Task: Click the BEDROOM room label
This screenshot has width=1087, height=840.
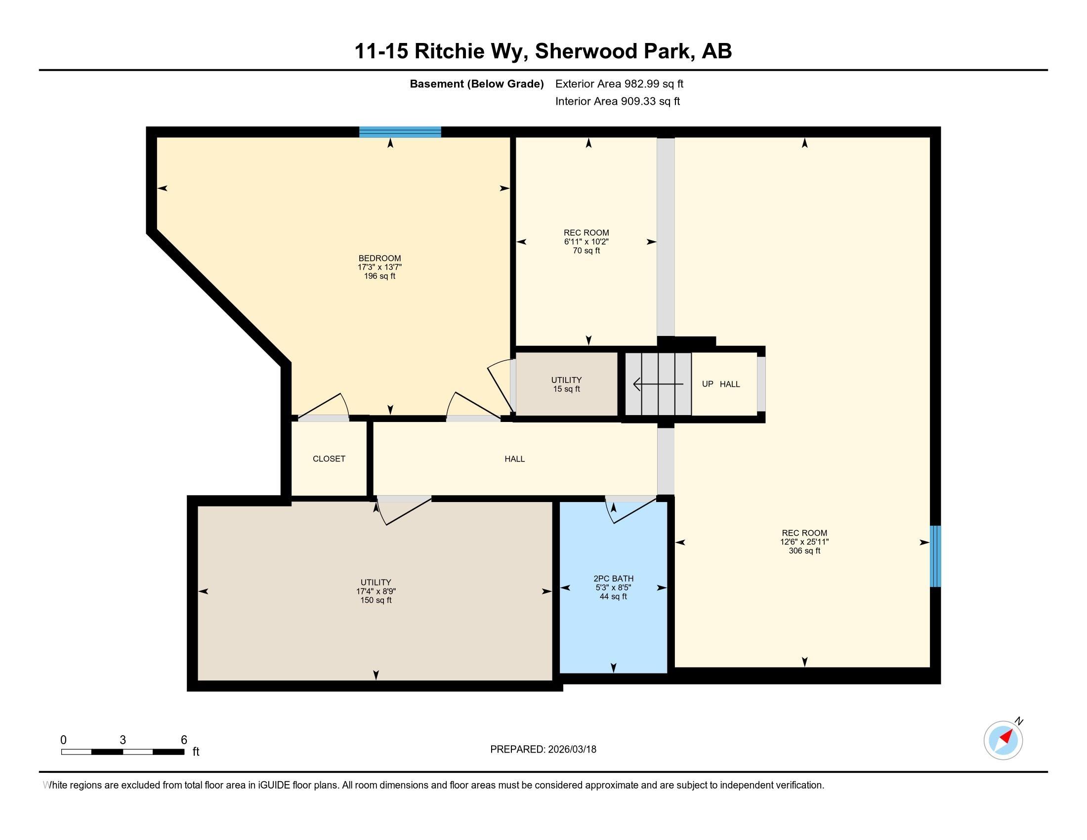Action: (380, 258)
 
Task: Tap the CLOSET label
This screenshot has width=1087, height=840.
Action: (329, 459)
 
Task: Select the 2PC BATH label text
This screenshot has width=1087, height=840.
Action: (613, 579)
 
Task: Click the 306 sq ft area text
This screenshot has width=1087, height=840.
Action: (804, 551)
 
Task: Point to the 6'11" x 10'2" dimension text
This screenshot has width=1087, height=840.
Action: (586, 242)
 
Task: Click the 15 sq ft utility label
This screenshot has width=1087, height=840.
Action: (566, 389)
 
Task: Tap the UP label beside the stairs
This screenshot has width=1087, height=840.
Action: (707, 384)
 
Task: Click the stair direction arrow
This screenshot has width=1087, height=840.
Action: (657, 384)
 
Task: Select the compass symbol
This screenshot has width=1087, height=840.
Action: (1003, 741)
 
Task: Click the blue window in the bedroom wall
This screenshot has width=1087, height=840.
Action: (400, 132)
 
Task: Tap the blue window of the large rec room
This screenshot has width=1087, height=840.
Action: (935, 556)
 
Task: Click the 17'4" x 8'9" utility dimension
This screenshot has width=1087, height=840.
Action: (376, 591)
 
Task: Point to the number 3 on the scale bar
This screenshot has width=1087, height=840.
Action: (123, 740)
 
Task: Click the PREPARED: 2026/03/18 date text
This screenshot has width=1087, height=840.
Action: (543, 750)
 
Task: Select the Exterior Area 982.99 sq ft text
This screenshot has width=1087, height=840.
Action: (619, 84)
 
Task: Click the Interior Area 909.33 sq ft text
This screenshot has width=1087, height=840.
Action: (617, 101)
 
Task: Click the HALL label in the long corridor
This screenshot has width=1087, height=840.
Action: (515, 459)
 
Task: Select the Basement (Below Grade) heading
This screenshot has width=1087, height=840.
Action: (476, 84)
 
